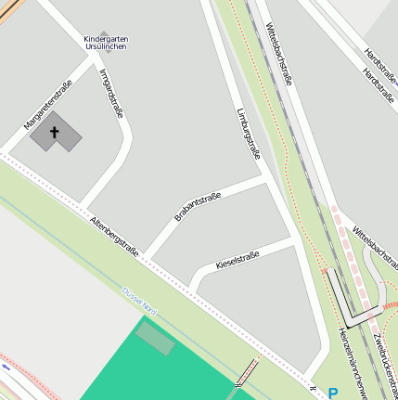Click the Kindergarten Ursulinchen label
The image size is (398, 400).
[106, 43]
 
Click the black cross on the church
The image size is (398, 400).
[54, 134]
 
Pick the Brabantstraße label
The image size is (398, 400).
[198, 206]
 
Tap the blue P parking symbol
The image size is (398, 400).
[332, 394]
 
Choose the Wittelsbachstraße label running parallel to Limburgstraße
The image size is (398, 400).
[280, 54]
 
